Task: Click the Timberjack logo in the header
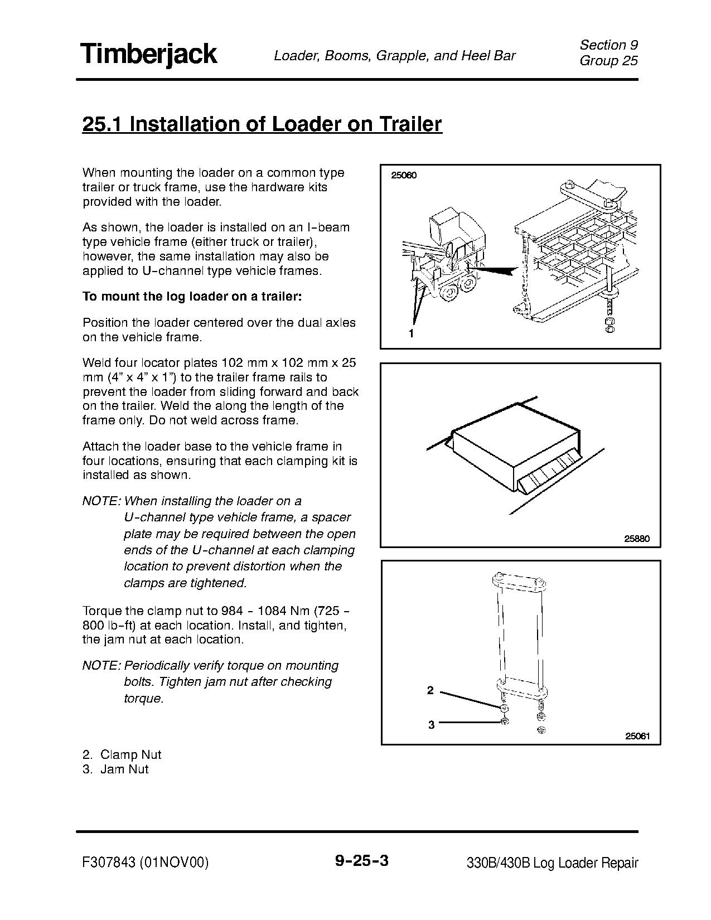tap(149, 55)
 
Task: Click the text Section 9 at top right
tap(608, 45)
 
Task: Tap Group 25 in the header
tap(608, 61)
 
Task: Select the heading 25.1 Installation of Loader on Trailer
tap(262, 124)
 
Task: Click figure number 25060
tap(404, 175)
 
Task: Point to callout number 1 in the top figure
tap(411, 333)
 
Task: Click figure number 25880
tap(637, 539)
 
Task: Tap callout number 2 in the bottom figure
tap(430, 690)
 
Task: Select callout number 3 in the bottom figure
tap(431, 725)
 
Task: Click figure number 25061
tap(637, 735)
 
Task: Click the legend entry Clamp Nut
tap(130, 754)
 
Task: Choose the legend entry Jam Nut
tap(124, 769)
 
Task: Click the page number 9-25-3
tap(361, 861)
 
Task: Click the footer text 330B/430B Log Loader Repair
tap(552, 863)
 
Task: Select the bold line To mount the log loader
tap(192, 296)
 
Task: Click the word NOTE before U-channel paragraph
tap(100, 501)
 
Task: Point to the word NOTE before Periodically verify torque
tap(100, 665)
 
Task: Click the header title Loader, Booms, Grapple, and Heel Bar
tap(394, 55)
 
